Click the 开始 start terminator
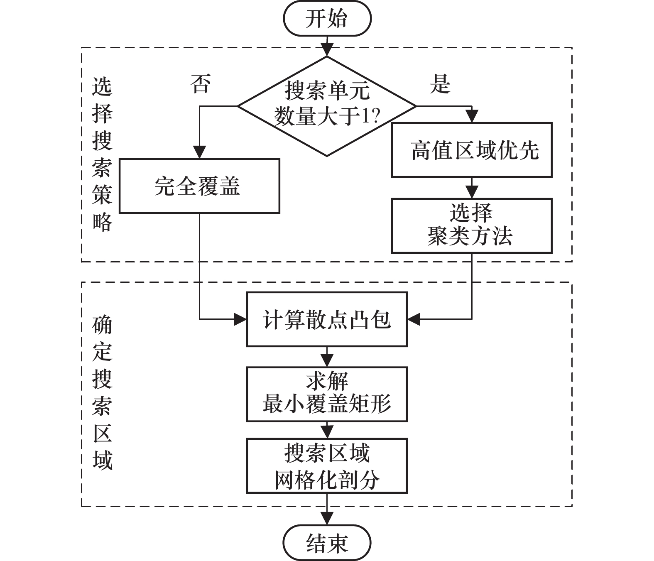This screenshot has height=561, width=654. pyautogui.click(x=327, y=19)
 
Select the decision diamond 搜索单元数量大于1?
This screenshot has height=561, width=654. pyautogui.click(x=327, y=106)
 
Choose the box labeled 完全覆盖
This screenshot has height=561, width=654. pyautogui.click(x=199, y=186)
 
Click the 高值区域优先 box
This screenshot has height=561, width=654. pyautogui.click(x=472, y=150)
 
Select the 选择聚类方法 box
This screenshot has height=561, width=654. pyautogui.click(x=472, y=225)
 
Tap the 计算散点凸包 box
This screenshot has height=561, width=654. pyautogui.click(x=327, y=319)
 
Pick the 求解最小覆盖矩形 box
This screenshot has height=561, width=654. pyautogui.click(x=327, y=394)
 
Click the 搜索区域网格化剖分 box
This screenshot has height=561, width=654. pyautogui.click(x=327, y=465)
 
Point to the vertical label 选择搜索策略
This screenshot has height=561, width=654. pyautogui.click(x=102, y=154)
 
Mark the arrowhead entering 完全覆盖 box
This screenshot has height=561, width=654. pyautogui.click(x=200, y=152)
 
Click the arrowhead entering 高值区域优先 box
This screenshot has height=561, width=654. pyautogui.click(x=472, y=117)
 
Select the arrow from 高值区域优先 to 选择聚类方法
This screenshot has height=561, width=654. pyautogui.click(x=472, y=188)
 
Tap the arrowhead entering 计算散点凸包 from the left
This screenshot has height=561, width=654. pyautogui.click(x=240, y=319)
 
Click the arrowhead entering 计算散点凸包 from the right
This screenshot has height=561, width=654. pyautogui.click(x=414, y=319)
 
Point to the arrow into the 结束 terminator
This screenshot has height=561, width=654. pyautogui.click(x=327, y=515)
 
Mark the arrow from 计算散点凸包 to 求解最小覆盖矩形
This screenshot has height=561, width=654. pyautogui.click(x=327, y=357)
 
